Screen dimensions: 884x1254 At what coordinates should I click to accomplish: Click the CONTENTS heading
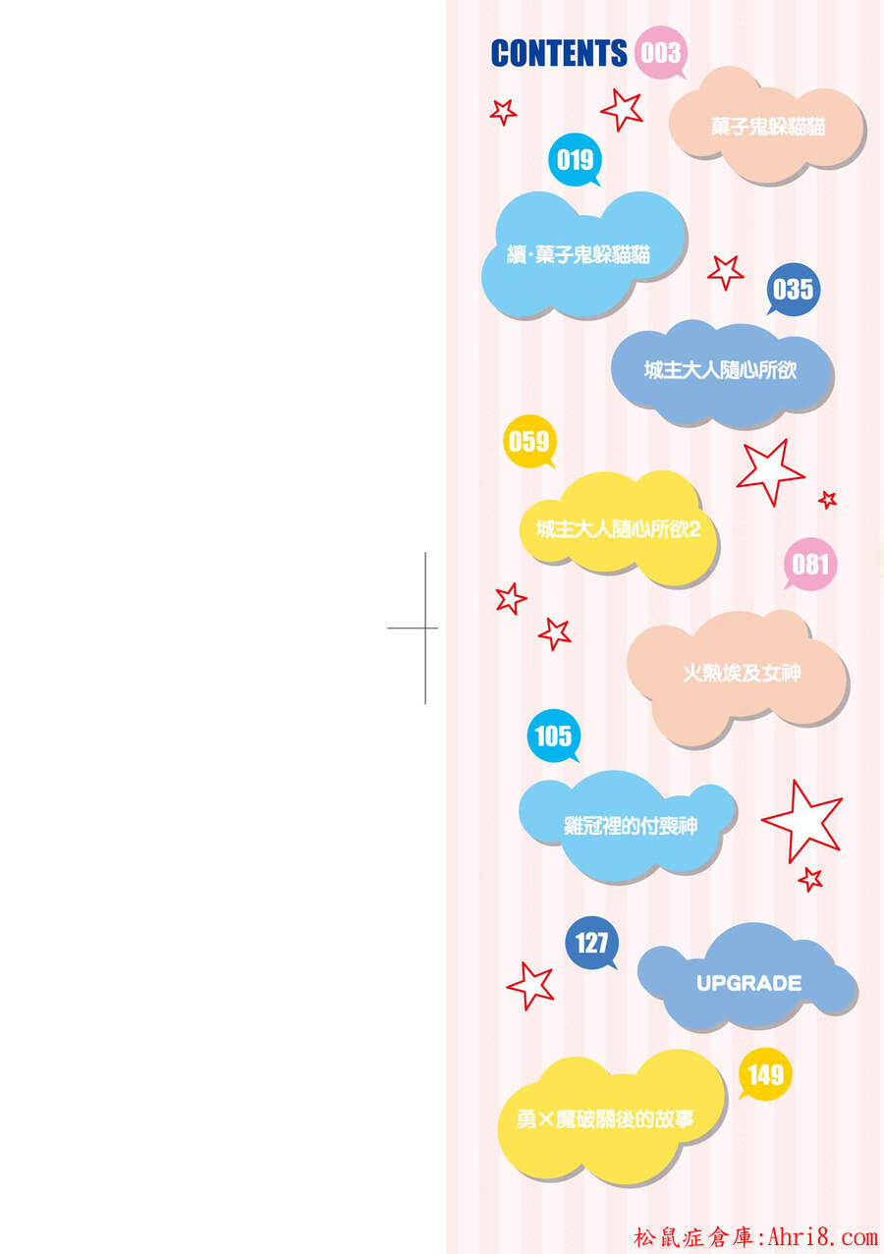[x=559, y=53]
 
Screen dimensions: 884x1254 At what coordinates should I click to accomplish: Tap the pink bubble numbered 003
[x=661, y=53]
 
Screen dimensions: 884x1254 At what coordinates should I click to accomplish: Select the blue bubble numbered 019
[x=575, y=160]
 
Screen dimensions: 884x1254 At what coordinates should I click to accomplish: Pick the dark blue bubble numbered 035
[x=793, y=290]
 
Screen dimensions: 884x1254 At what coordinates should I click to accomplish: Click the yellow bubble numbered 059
[x=529, y=442]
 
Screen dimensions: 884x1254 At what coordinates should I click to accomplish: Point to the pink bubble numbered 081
[x=810, y=565]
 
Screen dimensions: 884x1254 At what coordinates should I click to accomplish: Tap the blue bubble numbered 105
[x=554, y=736]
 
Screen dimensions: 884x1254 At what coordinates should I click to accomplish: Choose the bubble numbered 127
[x=591, y=944]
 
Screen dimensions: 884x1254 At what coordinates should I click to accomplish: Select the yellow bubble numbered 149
[x=765, y=1074]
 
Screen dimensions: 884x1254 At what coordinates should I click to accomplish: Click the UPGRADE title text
[x=749, y=983]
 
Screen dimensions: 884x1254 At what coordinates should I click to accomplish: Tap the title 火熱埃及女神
[x=742, y=673]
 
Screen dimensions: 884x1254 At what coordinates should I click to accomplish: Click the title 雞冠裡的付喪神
[x=631, y=826]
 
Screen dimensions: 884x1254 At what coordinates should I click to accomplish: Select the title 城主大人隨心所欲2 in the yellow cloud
[x=618, y=528]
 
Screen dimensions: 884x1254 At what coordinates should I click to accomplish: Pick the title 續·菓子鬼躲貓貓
[x=579, y=254]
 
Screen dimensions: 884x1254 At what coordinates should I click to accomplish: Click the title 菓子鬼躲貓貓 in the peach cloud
[x=768, y=127]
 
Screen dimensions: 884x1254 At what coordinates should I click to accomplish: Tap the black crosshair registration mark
[x=425, y=628]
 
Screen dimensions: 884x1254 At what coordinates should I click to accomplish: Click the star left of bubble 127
[x=530, y=986]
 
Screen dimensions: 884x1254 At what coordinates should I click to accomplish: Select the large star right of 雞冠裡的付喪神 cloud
[x=802, y=821]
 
